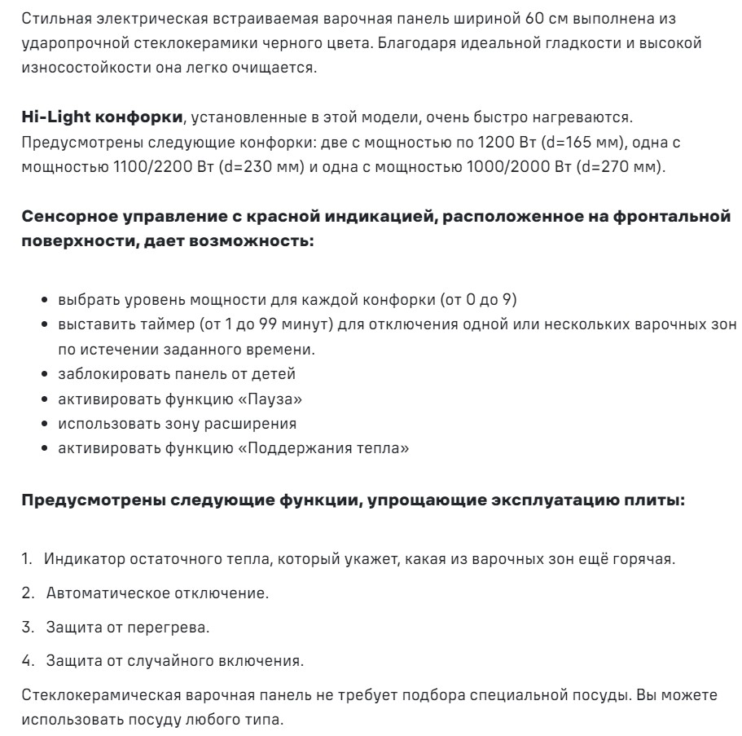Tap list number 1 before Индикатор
click(26, 559)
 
